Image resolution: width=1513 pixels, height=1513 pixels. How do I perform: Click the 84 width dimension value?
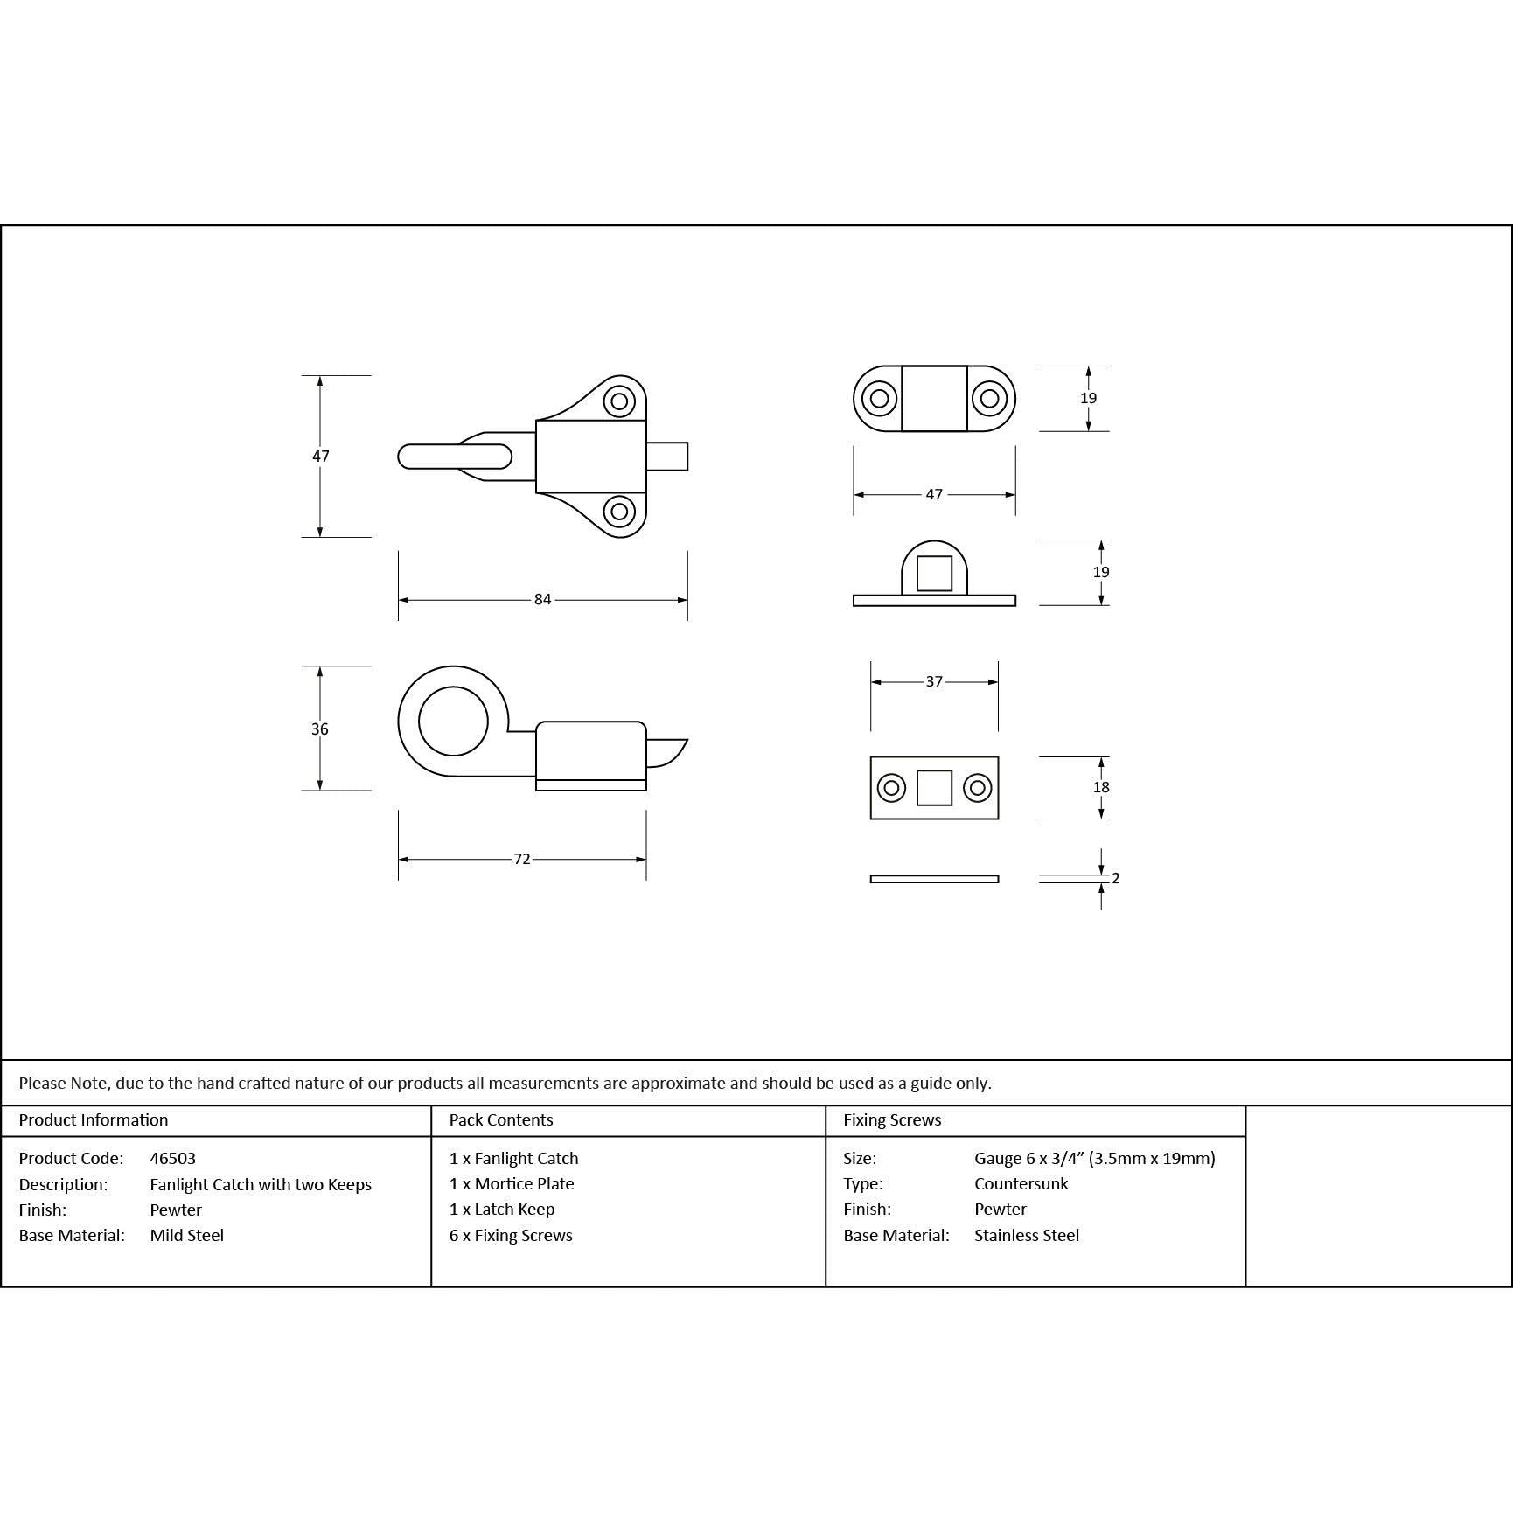pyautogui.click(x=543, y=600)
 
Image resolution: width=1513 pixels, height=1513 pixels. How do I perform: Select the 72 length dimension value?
pyautogui.click(x=522, y=860)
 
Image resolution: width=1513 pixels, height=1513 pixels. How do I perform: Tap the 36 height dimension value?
pyautogui.click(x=320, y=729)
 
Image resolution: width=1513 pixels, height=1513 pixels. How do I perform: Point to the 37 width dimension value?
pyautogui.click(x=934, y=682)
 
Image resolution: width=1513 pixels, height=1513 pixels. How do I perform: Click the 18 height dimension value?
pyautogui.click(x=1101, y=788)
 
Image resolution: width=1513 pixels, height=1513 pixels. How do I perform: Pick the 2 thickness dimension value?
pyautogui.click(x=1116, y=878)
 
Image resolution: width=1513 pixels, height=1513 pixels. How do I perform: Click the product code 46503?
pyautogui.click(x=173, y=1159)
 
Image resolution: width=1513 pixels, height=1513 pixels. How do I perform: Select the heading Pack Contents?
pyautogui.click(x=501, y=1120)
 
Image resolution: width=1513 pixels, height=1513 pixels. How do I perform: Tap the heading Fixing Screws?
pyautogui.click(x=892, y=1120)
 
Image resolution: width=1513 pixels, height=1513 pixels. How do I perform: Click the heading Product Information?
pyautogui.click(x=94, y=1120)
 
